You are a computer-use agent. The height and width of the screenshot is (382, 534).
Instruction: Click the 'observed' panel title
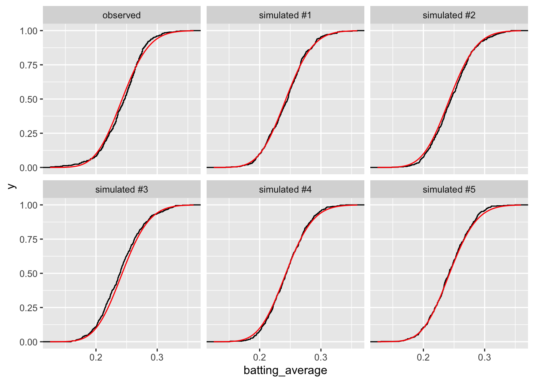(x=122, y=16)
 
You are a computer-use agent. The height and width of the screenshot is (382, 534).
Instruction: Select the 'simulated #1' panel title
(x=285, y=16)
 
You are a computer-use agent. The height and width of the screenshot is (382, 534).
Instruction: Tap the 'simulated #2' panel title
(x=449, y=16)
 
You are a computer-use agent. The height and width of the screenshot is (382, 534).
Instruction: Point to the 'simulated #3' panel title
(x=122, y=190)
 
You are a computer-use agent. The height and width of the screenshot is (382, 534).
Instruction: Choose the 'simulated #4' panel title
(x=285, y=190)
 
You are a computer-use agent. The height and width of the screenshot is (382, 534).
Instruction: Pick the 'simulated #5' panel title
(x=449, y=190)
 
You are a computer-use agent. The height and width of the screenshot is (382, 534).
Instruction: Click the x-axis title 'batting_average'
(x=285, y=370)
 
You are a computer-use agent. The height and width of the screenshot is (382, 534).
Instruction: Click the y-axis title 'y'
(x=12, y=186)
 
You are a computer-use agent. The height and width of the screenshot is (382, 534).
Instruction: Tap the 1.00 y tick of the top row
(x=29, y=31)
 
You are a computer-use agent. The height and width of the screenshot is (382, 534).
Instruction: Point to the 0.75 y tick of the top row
(x=29, y=65)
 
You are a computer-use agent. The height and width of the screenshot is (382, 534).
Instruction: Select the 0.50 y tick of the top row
(x=29, y=99)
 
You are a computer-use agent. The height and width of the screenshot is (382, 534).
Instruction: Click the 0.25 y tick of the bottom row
(x=29, y=308)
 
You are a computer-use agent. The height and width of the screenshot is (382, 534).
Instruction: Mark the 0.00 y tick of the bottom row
(x=29, y=342)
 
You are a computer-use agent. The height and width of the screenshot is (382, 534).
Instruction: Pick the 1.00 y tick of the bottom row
(x=29, y=205)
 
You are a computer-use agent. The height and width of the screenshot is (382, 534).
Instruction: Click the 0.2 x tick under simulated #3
(x=96, y=357)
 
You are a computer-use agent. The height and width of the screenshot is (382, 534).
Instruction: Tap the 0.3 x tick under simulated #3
(x=157, y=357)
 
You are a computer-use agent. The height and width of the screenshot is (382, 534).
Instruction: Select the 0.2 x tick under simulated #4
(x=259, y=357)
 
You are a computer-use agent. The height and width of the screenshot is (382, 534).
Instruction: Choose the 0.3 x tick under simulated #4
(x=321, y=357)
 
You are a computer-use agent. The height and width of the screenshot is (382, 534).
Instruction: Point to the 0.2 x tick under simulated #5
(x=423, y=357)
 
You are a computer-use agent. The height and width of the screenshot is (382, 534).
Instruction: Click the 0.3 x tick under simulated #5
(x=484, y=357)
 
